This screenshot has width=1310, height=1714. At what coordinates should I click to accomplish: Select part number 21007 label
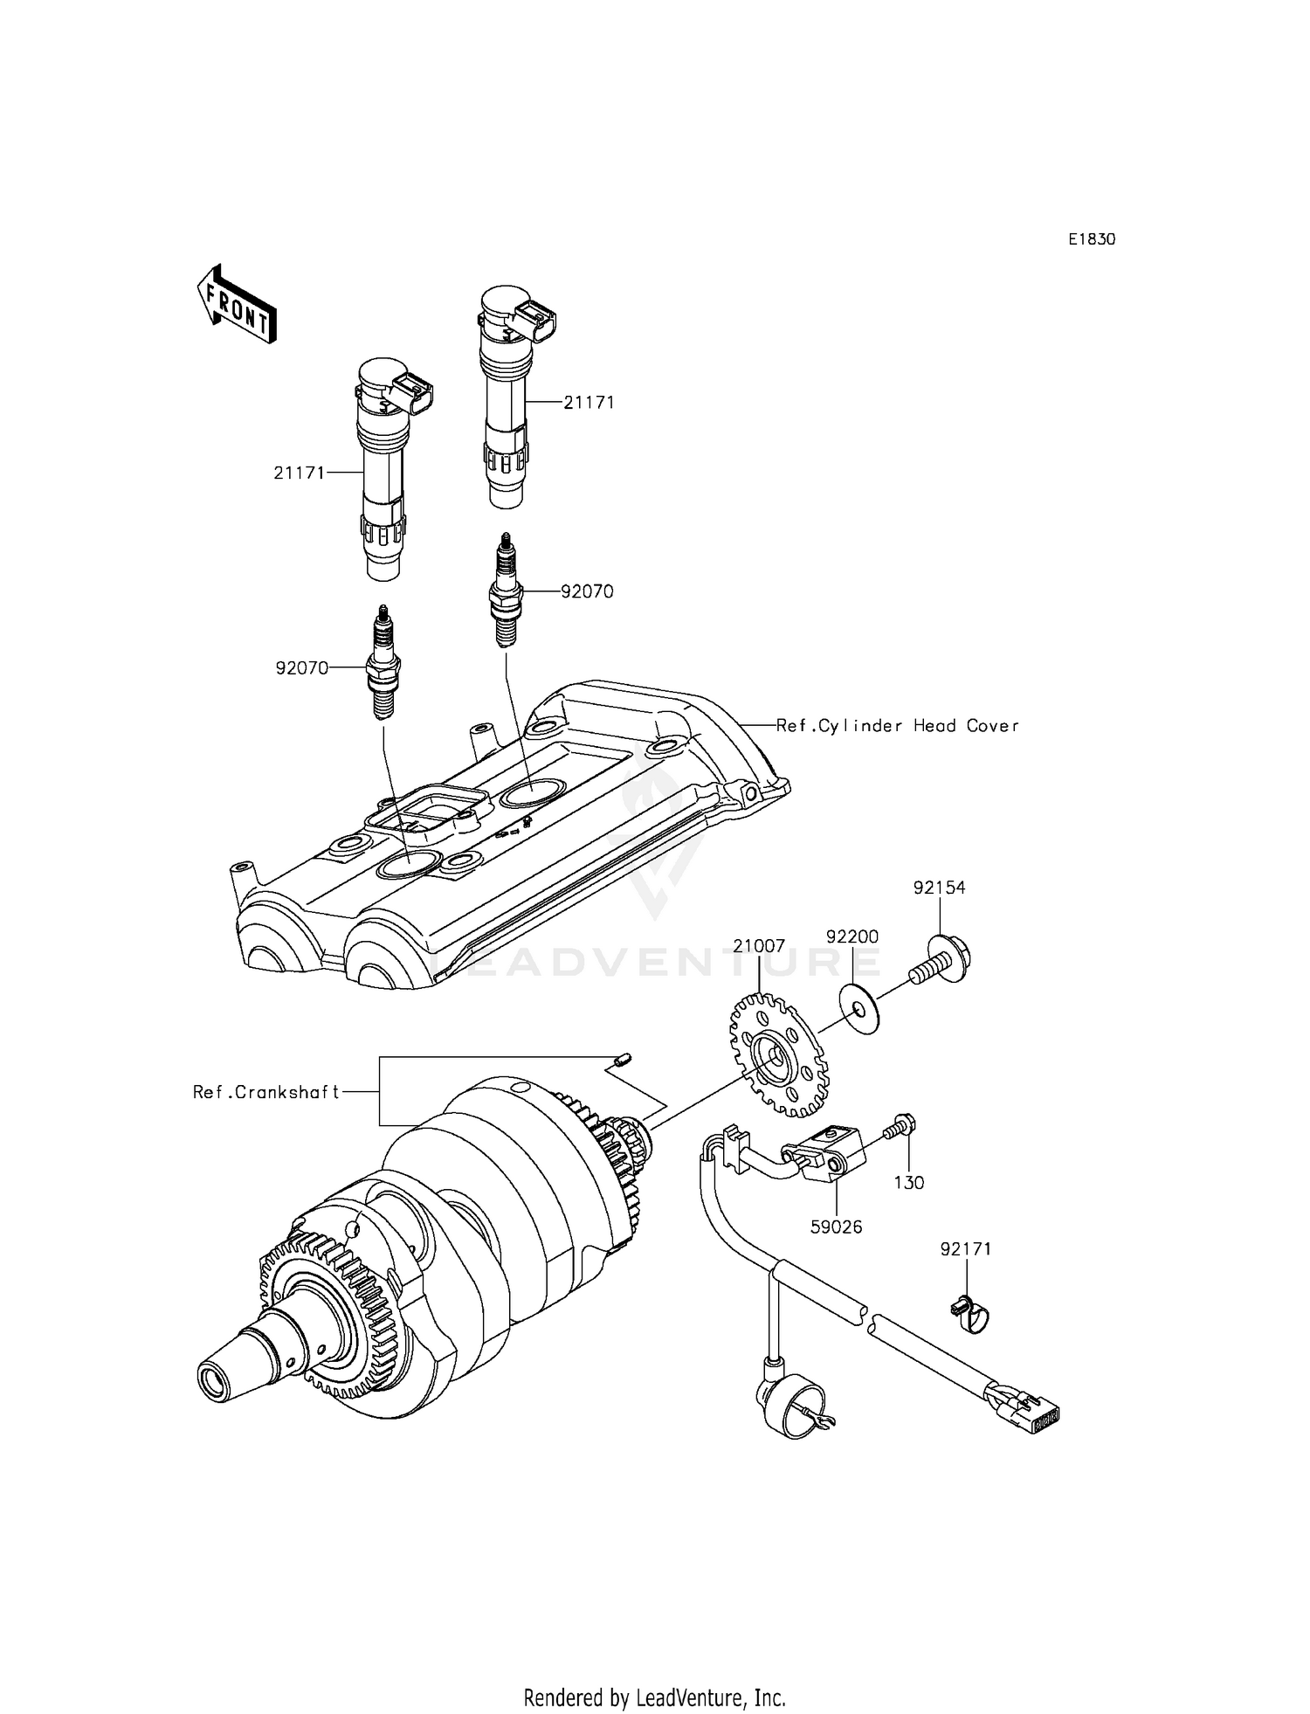click(x=759, y=946)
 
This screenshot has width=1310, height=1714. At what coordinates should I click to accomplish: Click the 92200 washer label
click(x=852, y=936)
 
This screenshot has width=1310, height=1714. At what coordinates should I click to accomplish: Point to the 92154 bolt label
click(x=940, y=888)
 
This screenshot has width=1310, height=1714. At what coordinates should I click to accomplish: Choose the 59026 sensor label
click(x=836, y=1227)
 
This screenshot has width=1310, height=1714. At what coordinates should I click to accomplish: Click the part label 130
click(x=909, y=1182)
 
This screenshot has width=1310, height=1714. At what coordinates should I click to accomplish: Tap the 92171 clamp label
click(x=966, y=1250)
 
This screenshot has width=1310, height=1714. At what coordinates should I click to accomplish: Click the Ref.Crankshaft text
click(x=266, y=1092)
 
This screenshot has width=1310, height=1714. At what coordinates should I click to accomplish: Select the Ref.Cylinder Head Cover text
click(x=898, y=725)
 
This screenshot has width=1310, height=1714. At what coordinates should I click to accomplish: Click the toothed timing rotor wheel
click(x=776, y=1058)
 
